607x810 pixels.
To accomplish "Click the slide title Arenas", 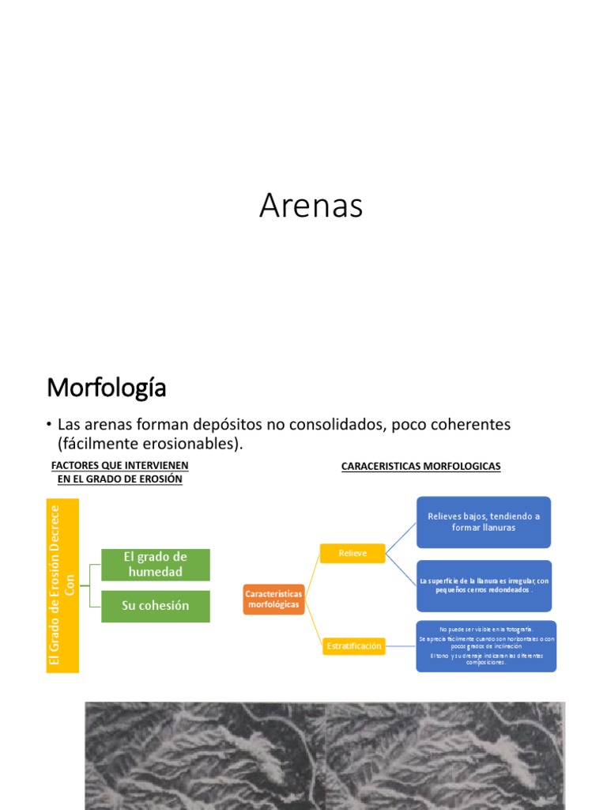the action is [x=311, y=206].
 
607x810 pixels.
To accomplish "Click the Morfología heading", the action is [x=106, y=388].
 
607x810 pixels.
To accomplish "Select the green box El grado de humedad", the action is [x=156, y=565].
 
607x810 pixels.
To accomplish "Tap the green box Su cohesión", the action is [x=156, y=606].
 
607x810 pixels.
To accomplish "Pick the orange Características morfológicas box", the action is [x=273, y=599].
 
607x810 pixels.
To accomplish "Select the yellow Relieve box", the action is [x=353, y=554].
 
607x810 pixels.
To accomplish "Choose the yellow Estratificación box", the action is [x=353, y=646].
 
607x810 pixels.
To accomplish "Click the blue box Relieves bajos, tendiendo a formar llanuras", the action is [x=483, y=522].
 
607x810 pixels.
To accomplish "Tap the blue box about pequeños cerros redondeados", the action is [x=483, y=585].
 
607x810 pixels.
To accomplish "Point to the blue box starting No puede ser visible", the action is [x=486, y=646].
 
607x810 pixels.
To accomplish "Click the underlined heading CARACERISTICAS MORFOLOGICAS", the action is [x=420, y=467].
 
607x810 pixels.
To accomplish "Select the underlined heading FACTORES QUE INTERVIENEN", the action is [x=119, y=466].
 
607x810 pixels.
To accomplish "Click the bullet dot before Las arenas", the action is [x=49, y=426].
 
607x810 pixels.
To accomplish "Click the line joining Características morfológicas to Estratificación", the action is [x=313, y=623].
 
